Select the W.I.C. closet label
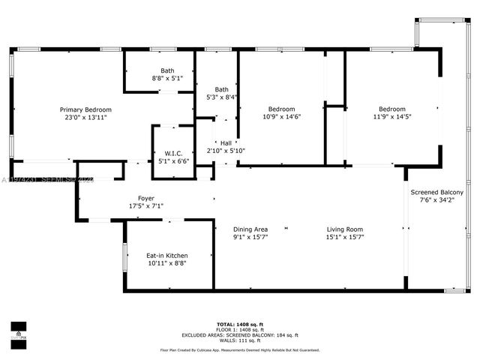[174, 153]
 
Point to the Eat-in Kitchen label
[166, 256]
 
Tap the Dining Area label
[250, 229]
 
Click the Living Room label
[344, 229]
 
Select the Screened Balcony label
[436, 193]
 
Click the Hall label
[226, 142]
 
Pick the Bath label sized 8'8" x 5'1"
[166, 71]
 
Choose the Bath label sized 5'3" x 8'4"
[222, 89]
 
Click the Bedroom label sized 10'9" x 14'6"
[281, 109]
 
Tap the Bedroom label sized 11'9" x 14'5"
[391, 109]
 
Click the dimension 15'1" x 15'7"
[344, 238]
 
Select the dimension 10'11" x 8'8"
[166, 264]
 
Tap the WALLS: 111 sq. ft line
[239, 341]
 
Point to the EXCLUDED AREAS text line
[239, 335]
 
